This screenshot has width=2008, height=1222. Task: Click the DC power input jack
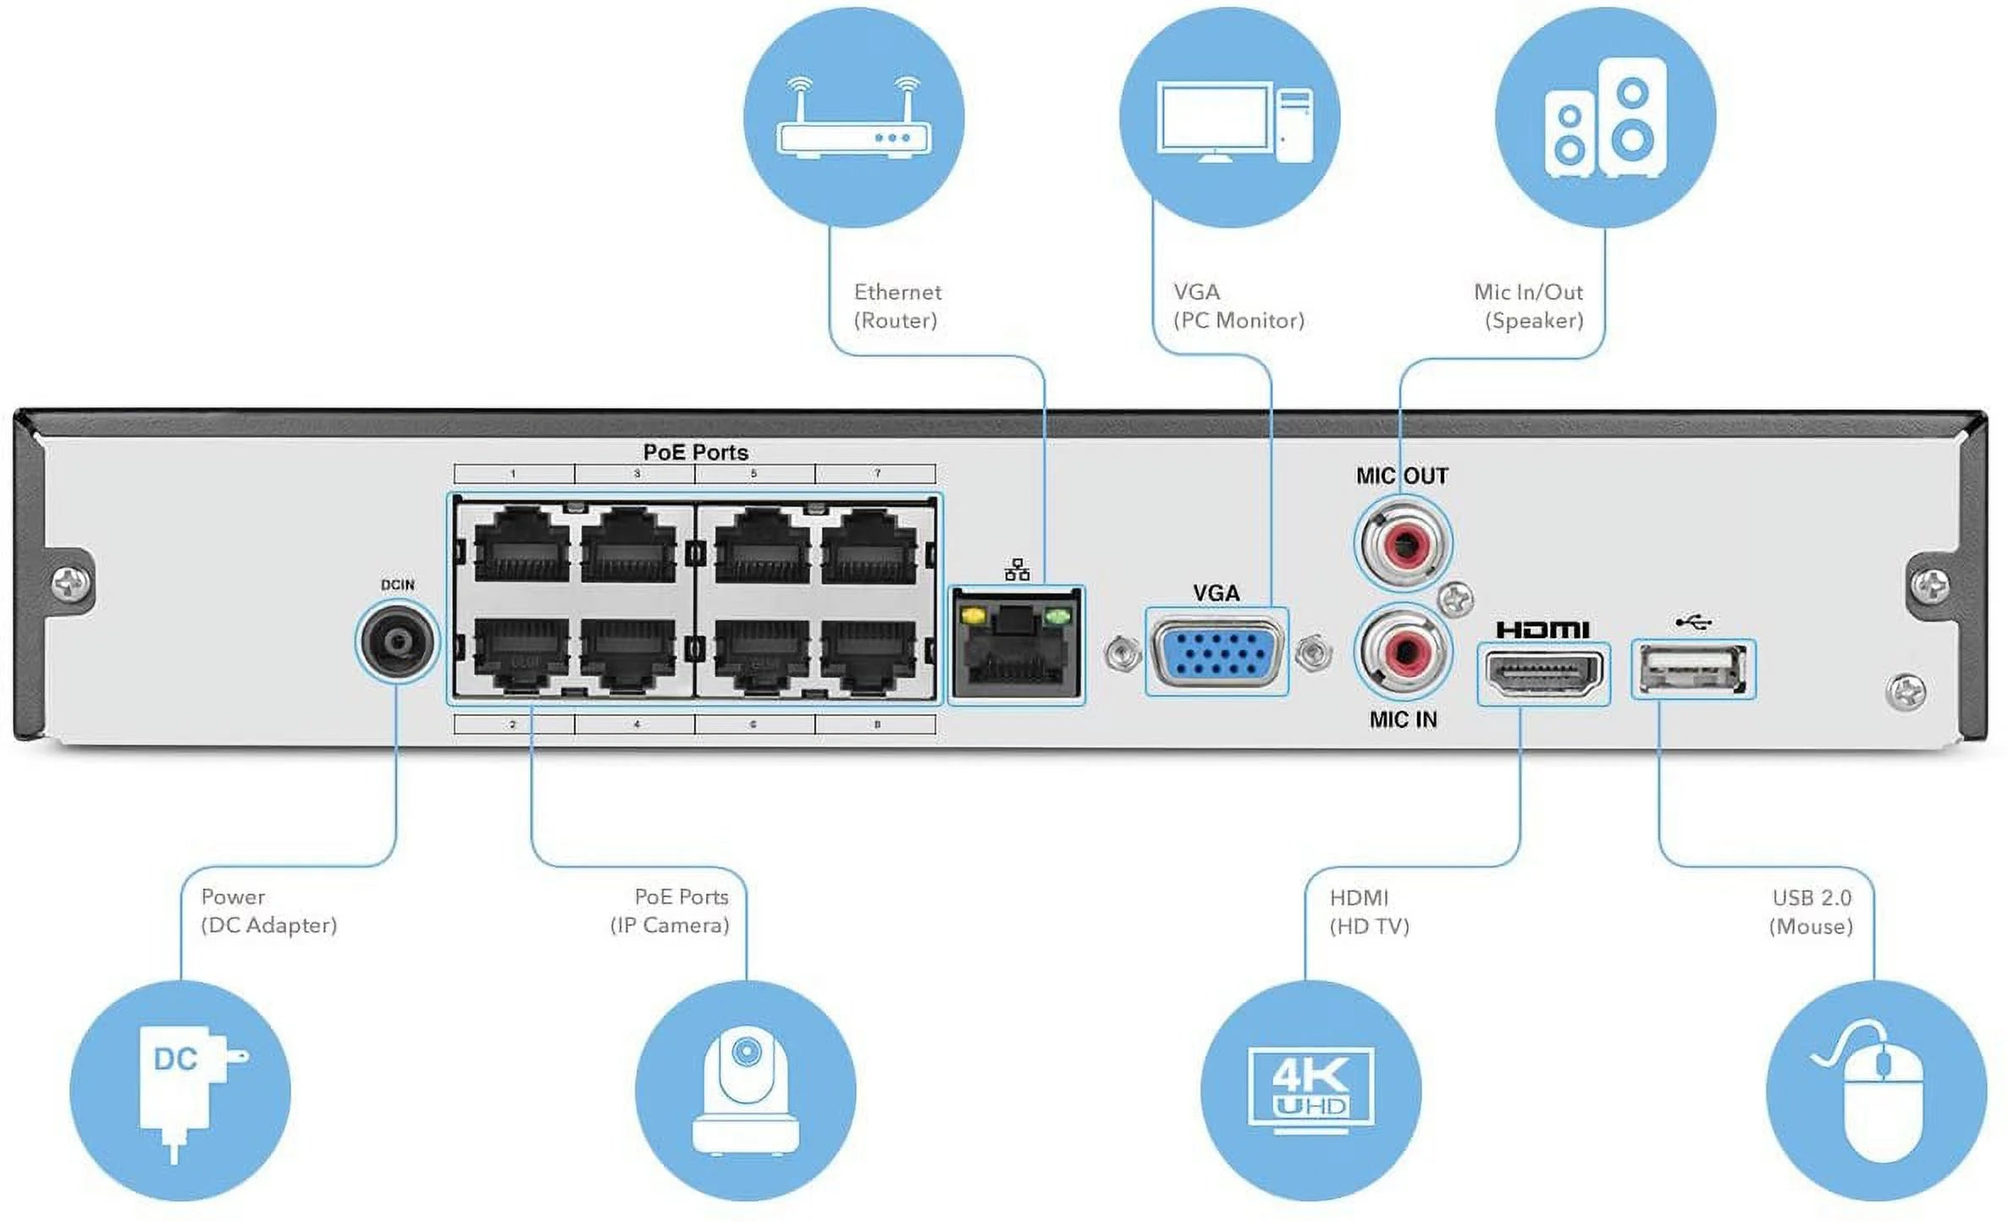tap(396, 641)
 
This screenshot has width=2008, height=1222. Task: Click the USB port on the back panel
tap(1693, 669)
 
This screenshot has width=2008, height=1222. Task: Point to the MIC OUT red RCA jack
tap(1403, 542)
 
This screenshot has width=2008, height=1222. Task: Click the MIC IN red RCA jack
tap(1403, 652)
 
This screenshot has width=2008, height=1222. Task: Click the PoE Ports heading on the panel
tap(695, 452)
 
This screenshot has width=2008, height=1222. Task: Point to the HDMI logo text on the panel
tap(1542, 630)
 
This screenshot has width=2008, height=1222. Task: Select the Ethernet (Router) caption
tap(896, 306)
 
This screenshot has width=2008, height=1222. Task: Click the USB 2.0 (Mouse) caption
tap(1811, 911)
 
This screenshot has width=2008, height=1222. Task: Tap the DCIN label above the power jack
tap(397, 585)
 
